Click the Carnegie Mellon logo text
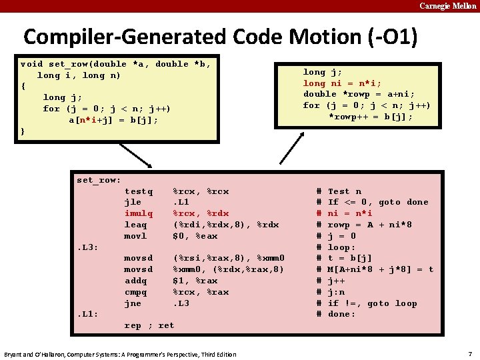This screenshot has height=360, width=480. (x=447, y=6)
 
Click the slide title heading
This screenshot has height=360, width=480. (x=221, y=36)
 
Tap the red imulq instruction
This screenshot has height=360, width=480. (x=139, y=213)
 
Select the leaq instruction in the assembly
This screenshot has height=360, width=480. (x=135, y=225)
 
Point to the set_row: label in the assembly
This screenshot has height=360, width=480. (x=99, y=180)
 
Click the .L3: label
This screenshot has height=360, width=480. (x=88, y=247)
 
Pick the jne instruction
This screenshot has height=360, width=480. (x=133, y=303)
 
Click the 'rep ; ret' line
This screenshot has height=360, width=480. (x=149, y=325)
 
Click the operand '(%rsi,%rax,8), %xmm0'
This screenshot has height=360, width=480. (x=229, y=258)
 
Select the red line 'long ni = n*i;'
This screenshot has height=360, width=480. (x=342, y=83)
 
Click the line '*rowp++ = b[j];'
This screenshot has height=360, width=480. (x=371, y=117)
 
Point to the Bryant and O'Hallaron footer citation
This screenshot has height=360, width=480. (x=120, y=354)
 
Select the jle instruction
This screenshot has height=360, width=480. (x=133, y=202)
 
